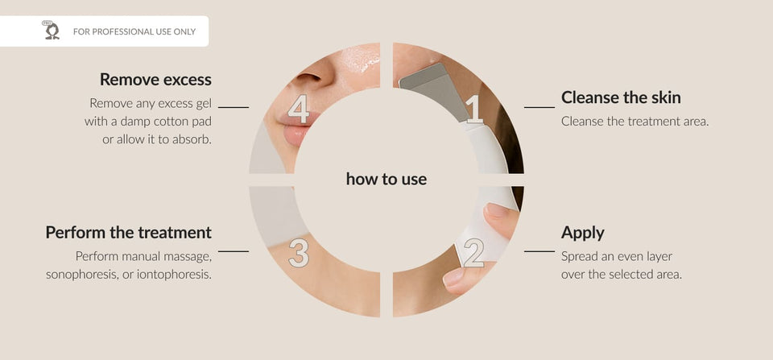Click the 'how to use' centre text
(386, 179)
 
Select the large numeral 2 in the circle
(473, 252)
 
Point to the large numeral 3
(299, 253)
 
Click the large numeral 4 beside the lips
(298, 109)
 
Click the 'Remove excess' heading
(155, 80)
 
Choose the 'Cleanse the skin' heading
(621, 97)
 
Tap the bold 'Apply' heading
(582, 233)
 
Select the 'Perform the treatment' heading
(129, 232)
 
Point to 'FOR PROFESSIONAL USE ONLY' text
(134, 31)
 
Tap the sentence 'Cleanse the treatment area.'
(635, 122)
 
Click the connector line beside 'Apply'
(539, 251)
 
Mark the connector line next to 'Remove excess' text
(234, 107)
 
